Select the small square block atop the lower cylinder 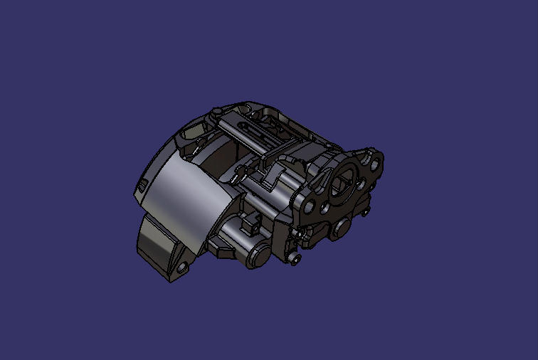tap(250, 227)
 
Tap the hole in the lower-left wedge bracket tap(181, 268)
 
